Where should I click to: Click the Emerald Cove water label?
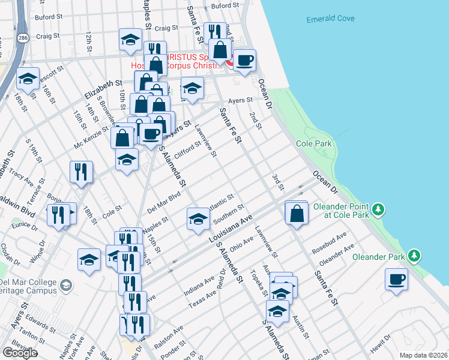330,19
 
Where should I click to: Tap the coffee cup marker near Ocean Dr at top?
245,61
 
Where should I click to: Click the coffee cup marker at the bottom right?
396,279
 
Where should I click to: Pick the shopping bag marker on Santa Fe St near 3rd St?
297,213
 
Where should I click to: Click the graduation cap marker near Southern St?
197,219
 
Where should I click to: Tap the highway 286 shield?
22,37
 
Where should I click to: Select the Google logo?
20,353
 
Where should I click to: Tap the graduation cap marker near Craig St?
130,40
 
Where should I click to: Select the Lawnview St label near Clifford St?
205,142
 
